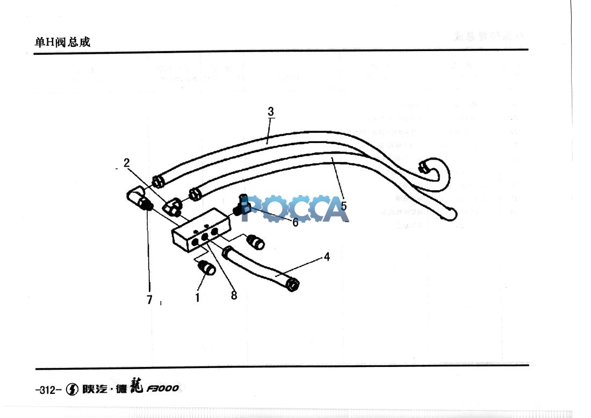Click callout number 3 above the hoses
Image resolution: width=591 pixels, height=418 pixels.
click(x=271, y=111)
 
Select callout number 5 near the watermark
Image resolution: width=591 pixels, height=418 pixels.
click(x=343, y=205)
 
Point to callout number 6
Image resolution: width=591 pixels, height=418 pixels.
click(x=295, y=222)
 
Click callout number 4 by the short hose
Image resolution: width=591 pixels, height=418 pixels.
click(x=327, y=257)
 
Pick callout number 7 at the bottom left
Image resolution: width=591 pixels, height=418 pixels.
click(x=150, y=299)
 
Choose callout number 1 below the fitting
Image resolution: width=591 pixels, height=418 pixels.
click(x=198, y=297)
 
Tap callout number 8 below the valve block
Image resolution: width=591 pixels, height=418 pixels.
click(x=234, y=294)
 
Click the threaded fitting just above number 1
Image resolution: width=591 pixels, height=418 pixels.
click(x=207, y=267)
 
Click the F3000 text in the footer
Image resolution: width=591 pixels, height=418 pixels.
click(x=163, y=388)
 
